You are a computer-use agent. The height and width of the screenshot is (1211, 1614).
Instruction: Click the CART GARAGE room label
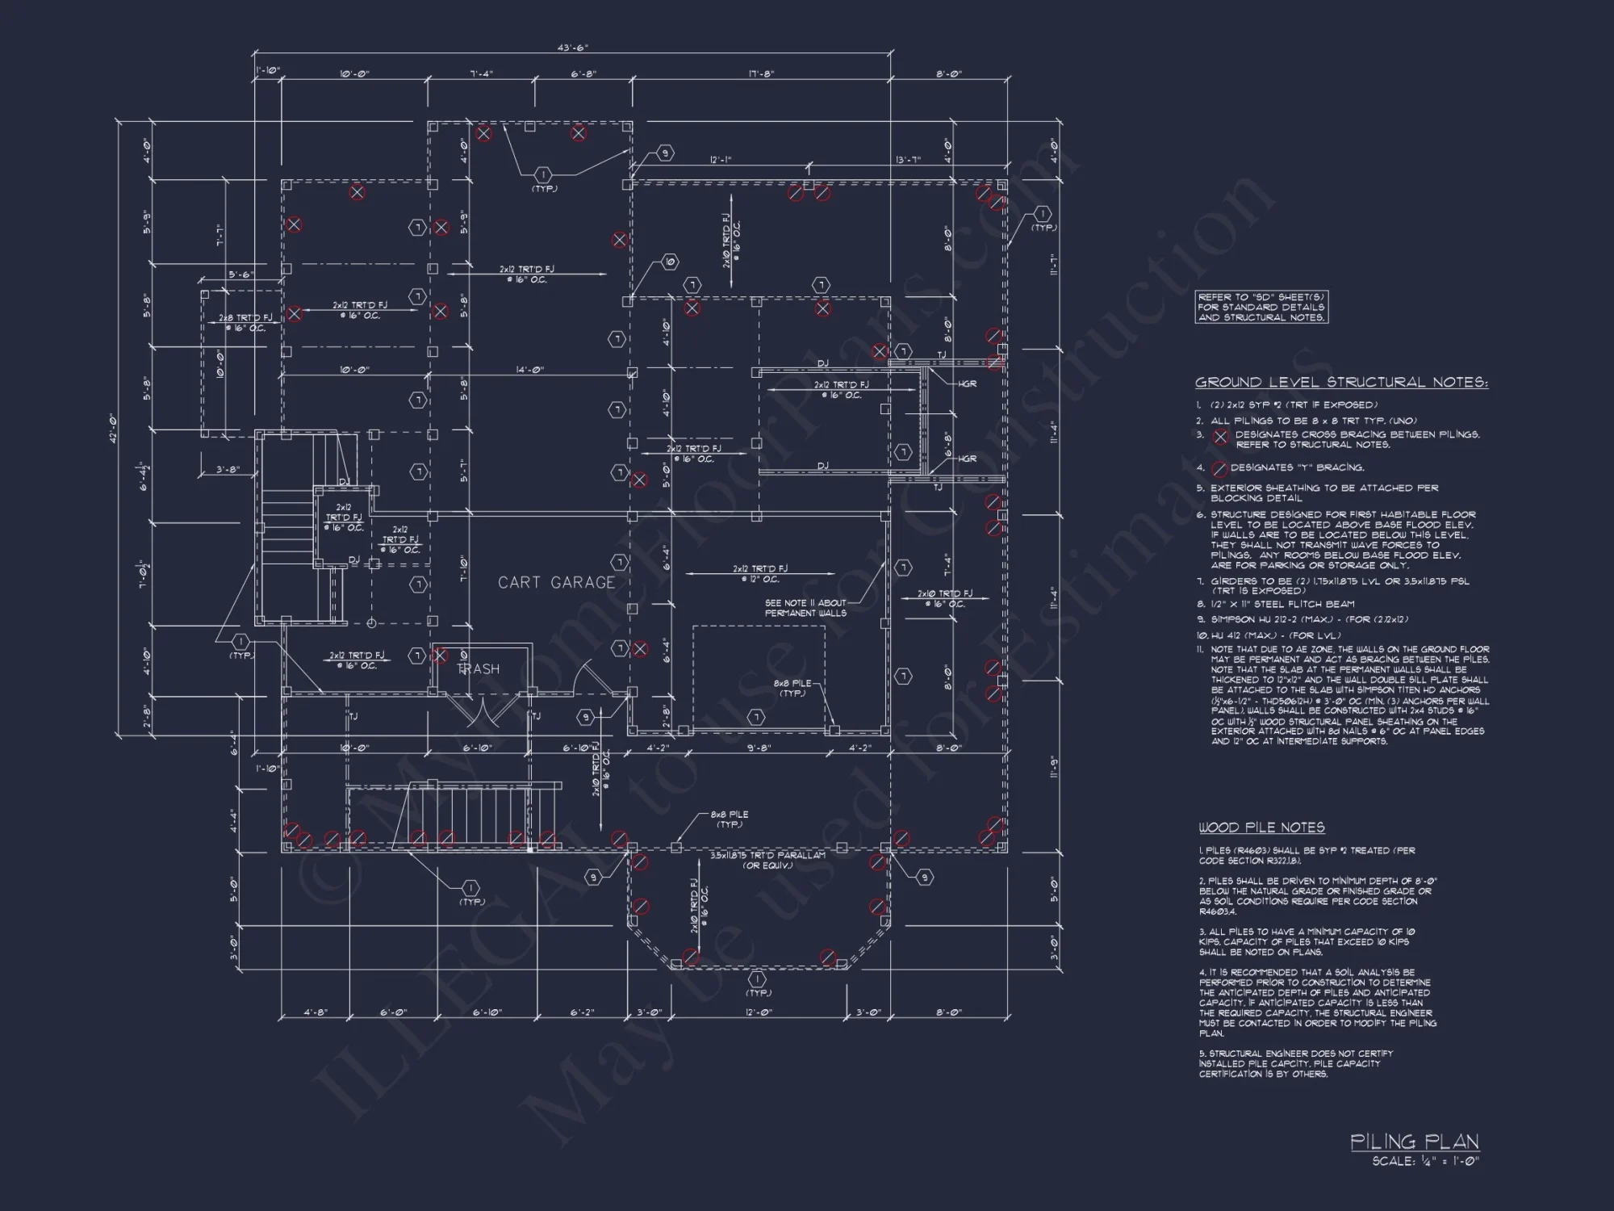click(556, 582)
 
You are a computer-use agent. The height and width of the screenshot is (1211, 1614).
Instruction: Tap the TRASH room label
click(479, 668)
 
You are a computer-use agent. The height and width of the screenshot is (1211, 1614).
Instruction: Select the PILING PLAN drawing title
click(1415, 1142)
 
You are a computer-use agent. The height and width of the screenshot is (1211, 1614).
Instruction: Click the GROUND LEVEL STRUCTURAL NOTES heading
click(1341, 383)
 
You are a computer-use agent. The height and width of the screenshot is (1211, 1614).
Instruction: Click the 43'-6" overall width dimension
click(572, 48)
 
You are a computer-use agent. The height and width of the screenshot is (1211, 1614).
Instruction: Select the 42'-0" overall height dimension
click(124, 428)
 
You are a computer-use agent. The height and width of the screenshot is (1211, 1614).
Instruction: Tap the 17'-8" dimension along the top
click(760, 74)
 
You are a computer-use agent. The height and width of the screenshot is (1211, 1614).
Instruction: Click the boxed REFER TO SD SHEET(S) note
click(1261, 308)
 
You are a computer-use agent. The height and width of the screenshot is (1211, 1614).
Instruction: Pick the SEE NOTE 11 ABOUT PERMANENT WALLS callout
click(805, 608)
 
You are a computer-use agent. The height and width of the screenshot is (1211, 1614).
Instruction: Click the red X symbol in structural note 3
click(1221, 437)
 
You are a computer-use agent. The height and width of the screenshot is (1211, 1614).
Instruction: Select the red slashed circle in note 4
click(1219, 468)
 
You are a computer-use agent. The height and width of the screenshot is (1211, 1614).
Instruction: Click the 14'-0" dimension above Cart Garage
click(529, 370)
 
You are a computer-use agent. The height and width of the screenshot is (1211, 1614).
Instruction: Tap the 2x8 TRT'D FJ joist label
click(245, 323)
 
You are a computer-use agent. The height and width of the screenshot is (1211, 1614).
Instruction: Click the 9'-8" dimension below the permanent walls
click(759, 748)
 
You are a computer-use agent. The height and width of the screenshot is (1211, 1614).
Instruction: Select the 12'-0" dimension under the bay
click(759, 1012)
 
